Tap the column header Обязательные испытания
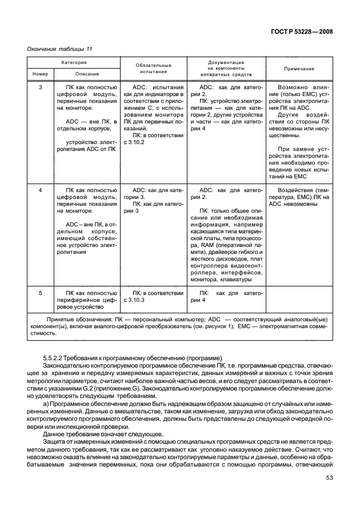pyautogui.click(x=153, y=69)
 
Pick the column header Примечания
pyautogui.click(x=299, y=69)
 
